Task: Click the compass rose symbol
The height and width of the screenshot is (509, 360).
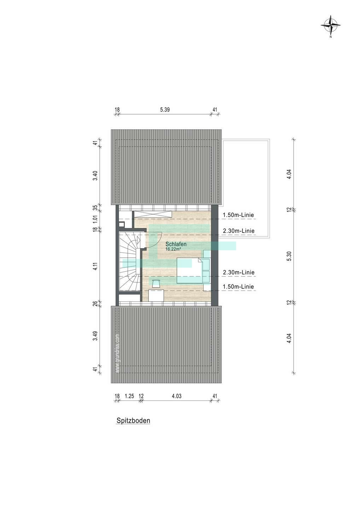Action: [x=330, y=25]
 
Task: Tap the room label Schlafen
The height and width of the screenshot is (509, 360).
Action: [x=176, y=244]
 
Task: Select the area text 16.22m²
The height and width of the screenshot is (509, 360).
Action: [x=173, y=249]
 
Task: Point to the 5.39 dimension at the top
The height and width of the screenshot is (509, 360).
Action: [x=165, y=110]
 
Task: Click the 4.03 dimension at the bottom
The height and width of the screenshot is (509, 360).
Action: [x=176, y=396]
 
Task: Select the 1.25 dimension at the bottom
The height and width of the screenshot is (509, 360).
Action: [x=129, y=396]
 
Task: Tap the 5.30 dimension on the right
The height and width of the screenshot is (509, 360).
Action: [x=289, y=256]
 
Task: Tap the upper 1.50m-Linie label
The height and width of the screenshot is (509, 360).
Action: [x=238, y=215]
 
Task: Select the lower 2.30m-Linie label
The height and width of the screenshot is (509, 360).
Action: [x=239, y=272]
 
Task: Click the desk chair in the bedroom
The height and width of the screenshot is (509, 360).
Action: [x=156, y=283]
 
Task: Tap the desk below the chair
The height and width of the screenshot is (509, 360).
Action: [x=156, y=296]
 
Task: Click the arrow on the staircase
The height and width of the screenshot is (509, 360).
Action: [x=138, y=239]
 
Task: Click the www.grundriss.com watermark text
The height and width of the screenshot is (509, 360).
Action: [x=117, y=353]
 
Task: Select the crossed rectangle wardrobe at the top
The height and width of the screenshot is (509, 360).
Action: [x=152, y=214]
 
